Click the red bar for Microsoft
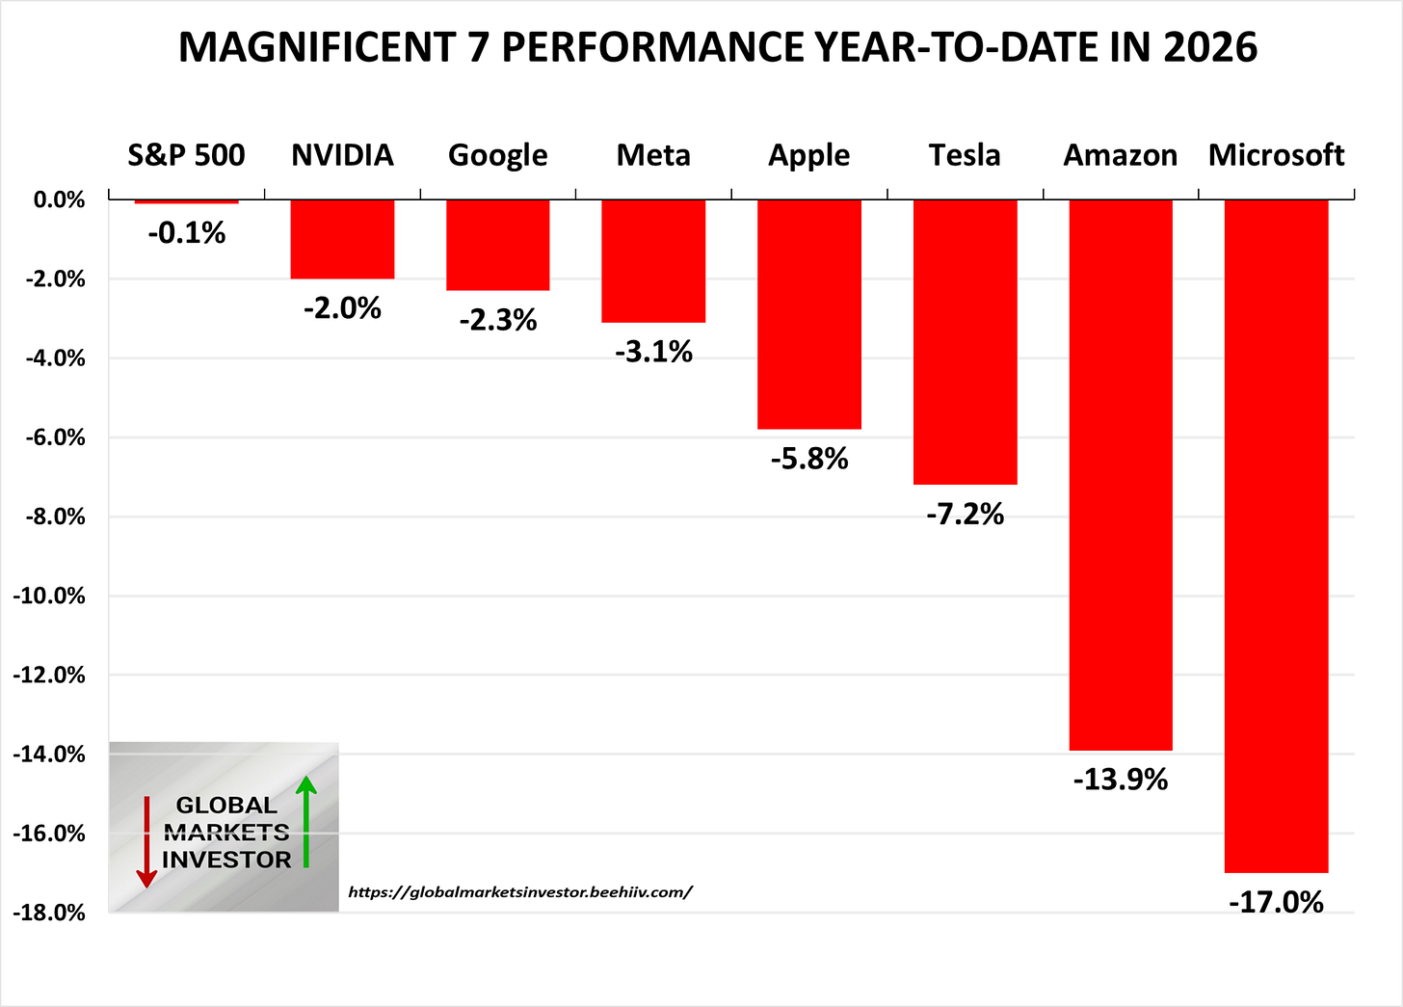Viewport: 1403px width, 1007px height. point(1276,535)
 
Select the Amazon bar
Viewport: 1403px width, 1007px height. point(1121,474)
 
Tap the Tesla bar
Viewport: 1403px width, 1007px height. point(965,341)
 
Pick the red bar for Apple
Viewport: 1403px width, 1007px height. point(809,313)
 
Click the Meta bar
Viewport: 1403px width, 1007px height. point(653,260)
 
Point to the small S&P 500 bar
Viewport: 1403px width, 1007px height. point(186,201)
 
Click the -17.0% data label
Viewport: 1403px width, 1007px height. point(1276,903)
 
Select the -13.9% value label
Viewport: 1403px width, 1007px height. point(1121,780)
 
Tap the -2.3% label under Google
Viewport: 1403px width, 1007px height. point(498,320)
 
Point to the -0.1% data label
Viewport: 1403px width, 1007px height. point(186,233)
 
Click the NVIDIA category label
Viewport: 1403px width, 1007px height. point(342,155)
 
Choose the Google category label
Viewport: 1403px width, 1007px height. point(498,155)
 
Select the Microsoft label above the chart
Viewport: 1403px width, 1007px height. point(1276,155)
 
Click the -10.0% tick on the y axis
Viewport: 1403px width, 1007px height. point(49,596)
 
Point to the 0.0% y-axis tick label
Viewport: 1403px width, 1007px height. point(59,200)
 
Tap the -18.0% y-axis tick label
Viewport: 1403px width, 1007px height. point(49,913)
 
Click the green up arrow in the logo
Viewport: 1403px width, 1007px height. point(306,821)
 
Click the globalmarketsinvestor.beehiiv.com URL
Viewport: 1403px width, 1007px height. point(520,892)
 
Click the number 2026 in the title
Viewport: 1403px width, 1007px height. point(1209,47)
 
